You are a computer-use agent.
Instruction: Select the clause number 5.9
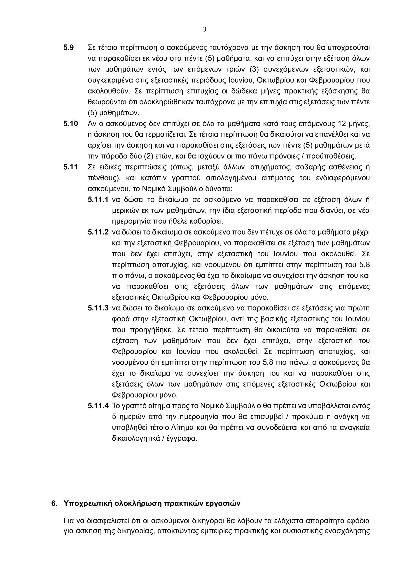(x=68, y=48)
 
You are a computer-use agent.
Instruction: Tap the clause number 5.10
(x=70, y=124)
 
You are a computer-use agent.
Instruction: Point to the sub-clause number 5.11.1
(x=98, y=200)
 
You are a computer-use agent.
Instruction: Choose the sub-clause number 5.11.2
(x=98, y=232)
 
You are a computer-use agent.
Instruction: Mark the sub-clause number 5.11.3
(x=98, y=308)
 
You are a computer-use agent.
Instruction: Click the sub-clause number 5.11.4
(x=98, y=406)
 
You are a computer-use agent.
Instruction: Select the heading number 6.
(x=54, y=503)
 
